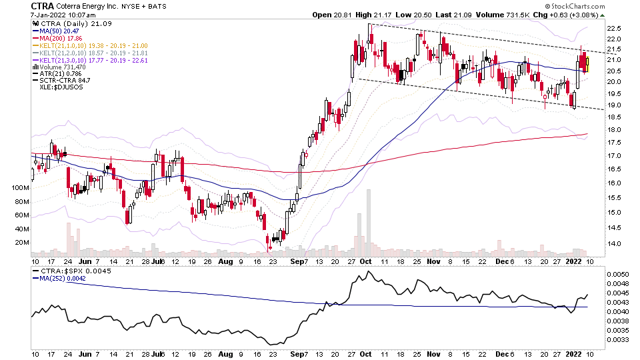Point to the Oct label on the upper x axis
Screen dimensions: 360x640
365,261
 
